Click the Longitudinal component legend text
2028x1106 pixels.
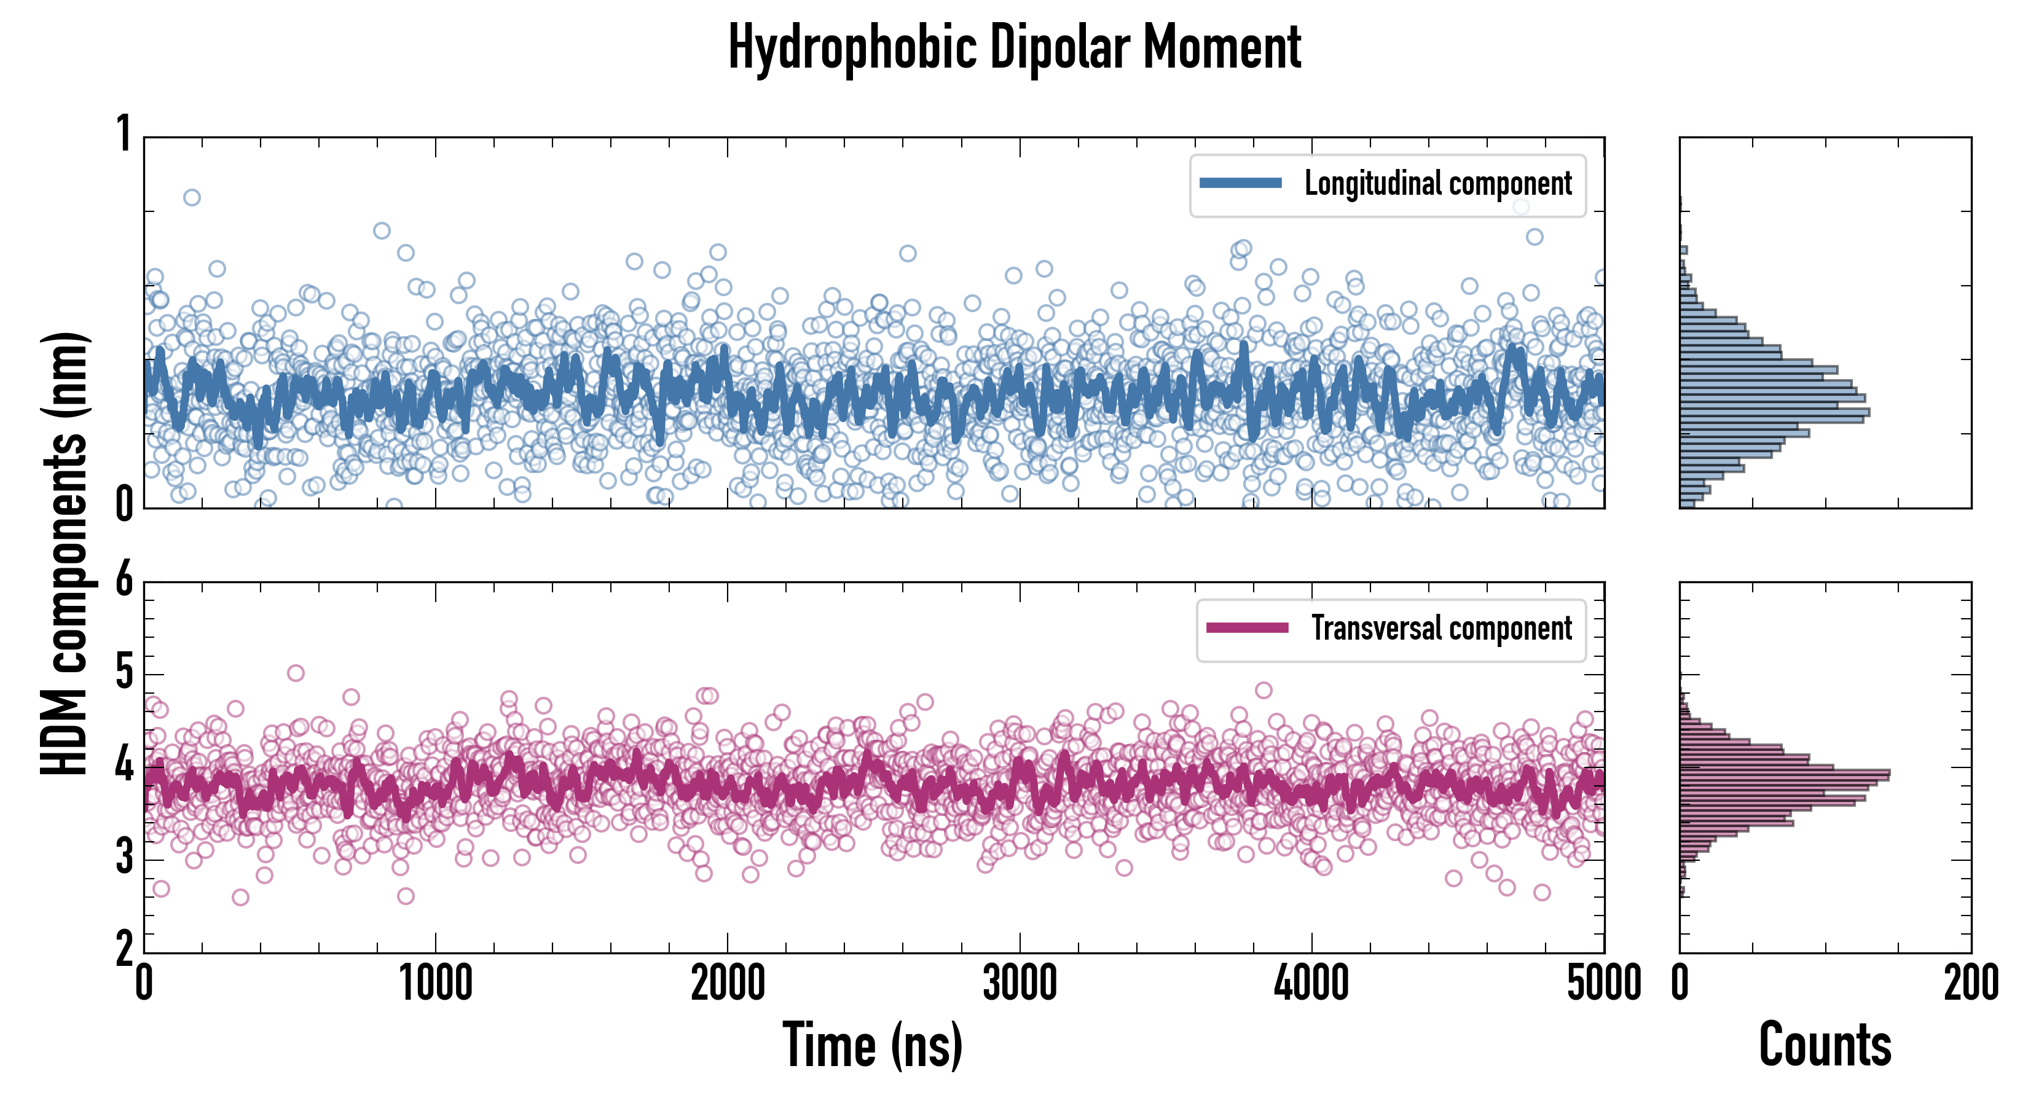tap(1437, 184)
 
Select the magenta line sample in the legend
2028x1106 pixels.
tap(1247, 628)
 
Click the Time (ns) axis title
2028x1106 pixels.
tap(872, 1045)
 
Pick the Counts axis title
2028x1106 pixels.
tap(1825, 1045)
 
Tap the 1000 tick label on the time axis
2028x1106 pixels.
tap(435, 984)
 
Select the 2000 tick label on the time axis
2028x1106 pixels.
tap(728, 984)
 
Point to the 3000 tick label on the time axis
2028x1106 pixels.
tap(1020, 984)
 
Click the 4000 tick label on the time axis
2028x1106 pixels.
tap(1311, 984)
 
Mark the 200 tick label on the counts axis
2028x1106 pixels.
tap(1970, 984)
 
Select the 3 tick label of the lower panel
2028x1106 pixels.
tap(124, 857)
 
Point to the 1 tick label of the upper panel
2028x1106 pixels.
tap(124, 134)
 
